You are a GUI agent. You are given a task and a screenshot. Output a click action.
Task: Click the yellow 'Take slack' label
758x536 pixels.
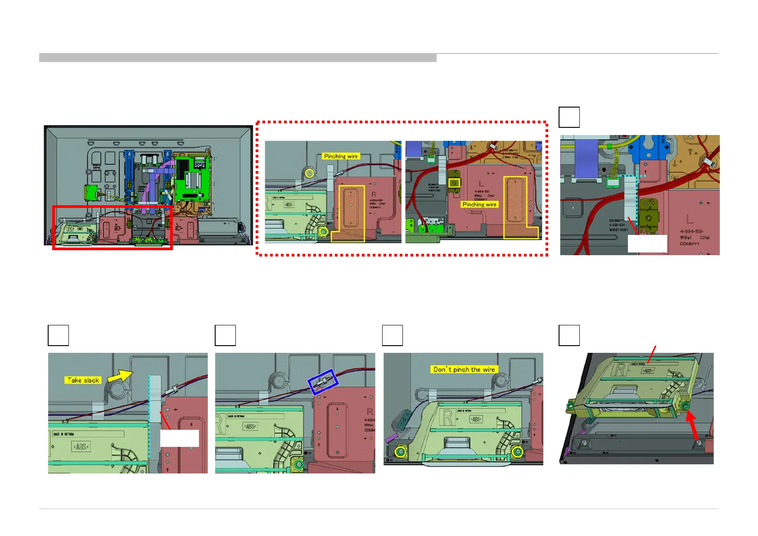point(83,380)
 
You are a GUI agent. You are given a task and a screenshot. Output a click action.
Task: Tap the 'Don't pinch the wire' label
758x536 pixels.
point(464,369)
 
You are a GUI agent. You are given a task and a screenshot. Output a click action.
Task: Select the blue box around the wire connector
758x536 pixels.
point(323,382)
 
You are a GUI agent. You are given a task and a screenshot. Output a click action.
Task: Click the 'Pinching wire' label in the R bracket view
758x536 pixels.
point(341,156)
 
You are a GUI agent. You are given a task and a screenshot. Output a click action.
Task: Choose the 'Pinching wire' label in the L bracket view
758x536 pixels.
point(479,204)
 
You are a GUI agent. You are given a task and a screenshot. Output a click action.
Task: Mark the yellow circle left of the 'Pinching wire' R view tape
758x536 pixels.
point(309,173)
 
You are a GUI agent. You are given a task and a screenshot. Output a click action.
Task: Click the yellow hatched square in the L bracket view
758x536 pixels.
point(454,183)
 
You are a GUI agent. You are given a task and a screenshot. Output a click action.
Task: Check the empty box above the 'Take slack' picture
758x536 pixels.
point(58,335)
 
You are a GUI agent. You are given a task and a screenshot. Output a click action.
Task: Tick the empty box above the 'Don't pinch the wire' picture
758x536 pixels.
point(392,335)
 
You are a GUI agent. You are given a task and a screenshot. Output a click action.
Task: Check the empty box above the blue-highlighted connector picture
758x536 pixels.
point(225,335)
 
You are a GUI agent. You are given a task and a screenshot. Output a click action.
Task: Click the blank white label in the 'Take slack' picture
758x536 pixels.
point(179,438)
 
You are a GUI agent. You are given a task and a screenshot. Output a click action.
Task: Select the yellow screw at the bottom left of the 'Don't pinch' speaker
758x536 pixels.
point(399,451)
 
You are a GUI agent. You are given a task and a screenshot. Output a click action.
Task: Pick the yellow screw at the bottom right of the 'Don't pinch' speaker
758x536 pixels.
point(518,451)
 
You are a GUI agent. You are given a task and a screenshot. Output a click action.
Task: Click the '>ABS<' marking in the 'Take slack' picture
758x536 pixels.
point(81,446)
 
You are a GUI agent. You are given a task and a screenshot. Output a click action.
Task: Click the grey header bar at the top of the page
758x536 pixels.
point(238,58)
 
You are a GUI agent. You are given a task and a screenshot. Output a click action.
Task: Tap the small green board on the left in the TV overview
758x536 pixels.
point(91,193)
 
